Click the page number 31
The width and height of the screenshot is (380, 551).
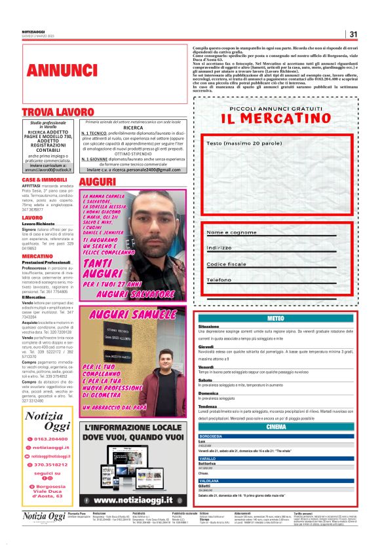pyautogui.click(x=353, y=35)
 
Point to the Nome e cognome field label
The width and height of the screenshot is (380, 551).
pyautogui.click(x=231, y=232)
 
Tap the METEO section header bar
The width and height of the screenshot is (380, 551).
pyautogui.click(x=276, y=318)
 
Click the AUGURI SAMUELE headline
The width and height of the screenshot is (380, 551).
pyautogui.click(x=132, y=315)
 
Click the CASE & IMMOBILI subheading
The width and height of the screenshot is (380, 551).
pyautogui.click(x=45, y=179)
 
